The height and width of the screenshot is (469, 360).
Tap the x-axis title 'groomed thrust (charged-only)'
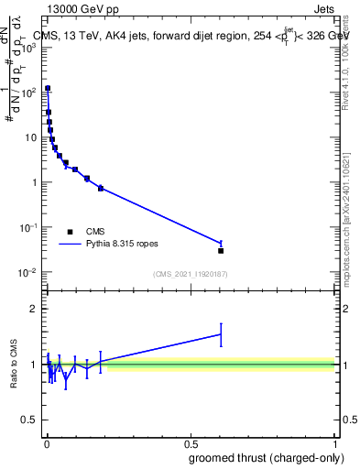pos(263,457)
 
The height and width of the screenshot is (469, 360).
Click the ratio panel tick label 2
pos(33,309)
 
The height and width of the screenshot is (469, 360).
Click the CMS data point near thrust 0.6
pos(221,250)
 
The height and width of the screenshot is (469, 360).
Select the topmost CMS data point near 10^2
pos(48,89)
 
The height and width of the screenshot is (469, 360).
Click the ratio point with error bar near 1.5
pos(221,334)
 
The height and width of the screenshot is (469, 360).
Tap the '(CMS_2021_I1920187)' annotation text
pos(190,274)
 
